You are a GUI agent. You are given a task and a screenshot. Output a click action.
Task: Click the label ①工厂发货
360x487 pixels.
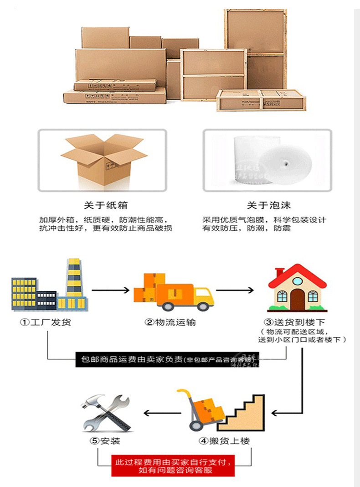[45, 322]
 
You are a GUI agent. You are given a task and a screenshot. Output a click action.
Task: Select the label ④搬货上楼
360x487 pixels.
[224, 441]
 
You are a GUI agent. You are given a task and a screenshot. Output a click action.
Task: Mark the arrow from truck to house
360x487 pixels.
[234, 290]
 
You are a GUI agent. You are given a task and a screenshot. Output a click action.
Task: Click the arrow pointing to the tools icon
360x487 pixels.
[163, 413]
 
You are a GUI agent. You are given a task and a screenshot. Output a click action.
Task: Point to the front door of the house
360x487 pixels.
[297, 298]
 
